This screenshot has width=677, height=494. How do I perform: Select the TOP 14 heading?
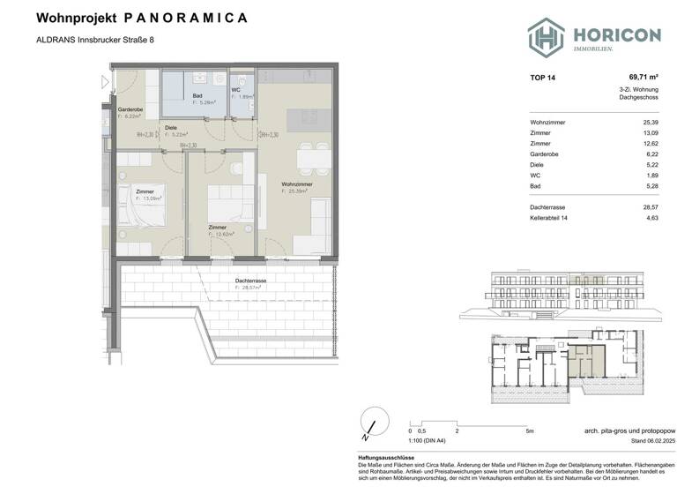(542, 79)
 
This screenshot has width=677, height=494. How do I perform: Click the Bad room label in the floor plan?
(197, 97)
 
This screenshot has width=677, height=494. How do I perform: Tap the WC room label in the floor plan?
(235, 90)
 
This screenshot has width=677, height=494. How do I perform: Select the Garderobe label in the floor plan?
(130, 110)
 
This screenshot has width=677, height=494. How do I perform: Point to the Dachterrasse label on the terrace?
(250, 281)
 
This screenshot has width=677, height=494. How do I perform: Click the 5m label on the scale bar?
(528, 431)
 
